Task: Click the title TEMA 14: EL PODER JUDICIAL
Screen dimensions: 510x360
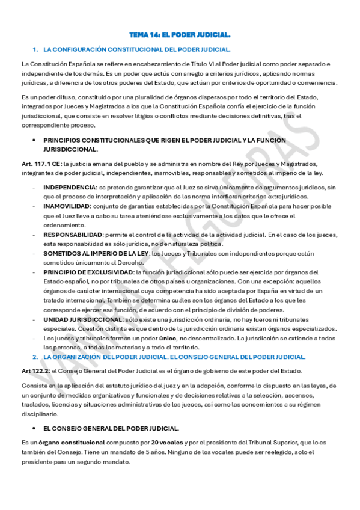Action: tap(180, 35)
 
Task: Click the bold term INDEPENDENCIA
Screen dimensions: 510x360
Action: tap(69, 188)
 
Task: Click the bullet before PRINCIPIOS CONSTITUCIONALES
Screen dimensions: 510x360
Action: tap(34, 140)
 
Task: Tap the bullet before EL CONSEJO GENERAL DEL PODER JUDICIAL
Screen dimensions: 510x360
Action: tap(34, 428)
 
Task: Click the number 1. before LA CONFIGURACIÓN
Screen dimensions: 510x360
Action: tap(35, 49)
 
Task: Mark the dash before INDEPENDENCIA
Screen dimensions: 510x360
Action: tap(34, 188)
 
